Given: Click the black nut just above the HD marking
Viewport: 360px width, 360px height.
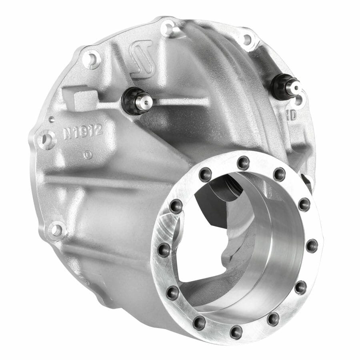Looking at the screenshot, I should [x=282, y=87].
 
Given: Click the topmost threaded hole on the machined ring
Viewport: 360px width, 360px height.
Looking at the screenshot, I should [x=243, y=162].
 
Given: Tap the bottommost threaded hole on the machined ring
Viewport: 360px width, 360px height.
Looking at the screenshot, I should [x=236, y=332].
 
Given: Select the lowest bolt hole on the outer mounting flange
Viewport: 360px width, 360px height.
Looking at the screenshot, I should [x=56, y=230].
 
